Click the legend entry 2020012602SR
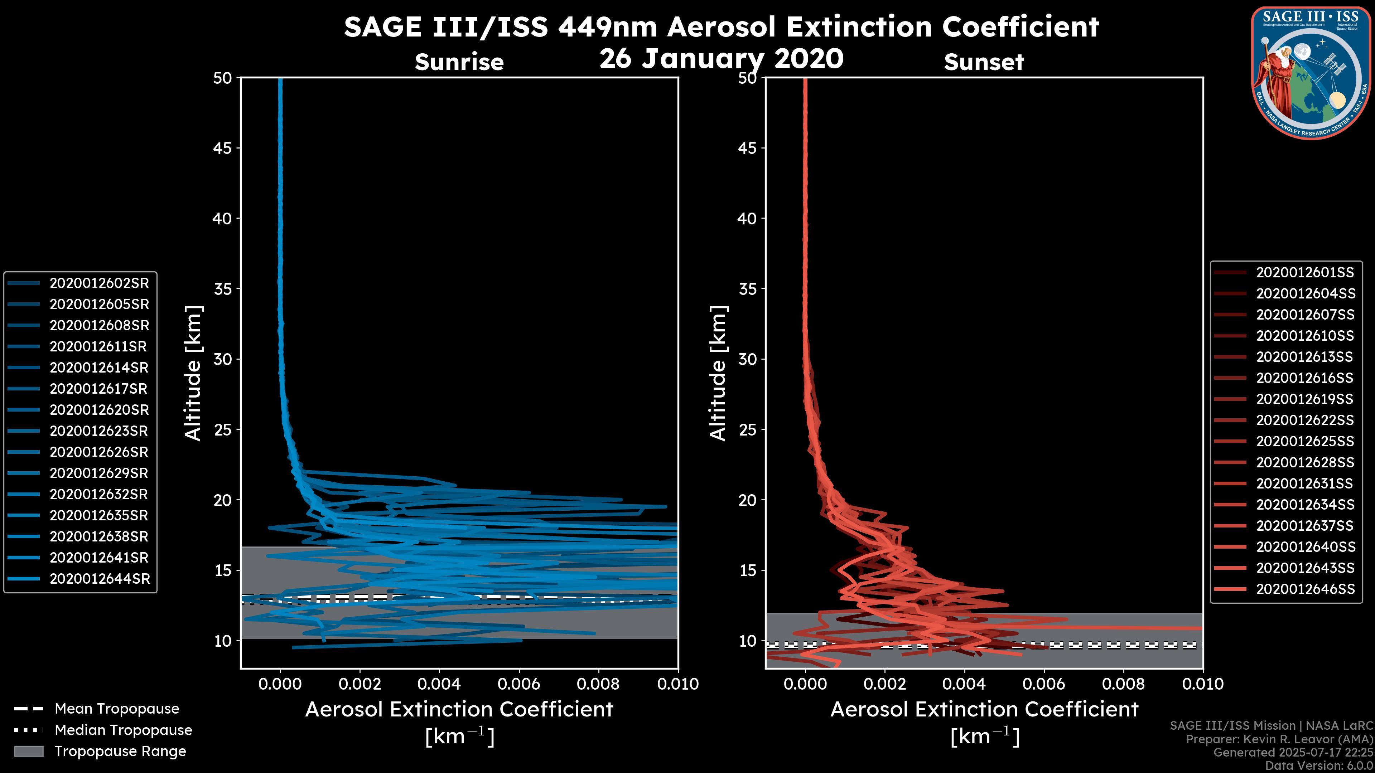[x=99, y=283]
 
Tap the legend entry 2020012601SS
[x=1304, y=273]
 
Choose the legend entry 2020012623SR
[x=99, y=431]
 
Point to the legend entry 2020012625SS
[x=1304, y=441]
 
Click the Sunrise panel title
[x=459, y=62]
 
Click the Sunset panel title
[x=984, y=62]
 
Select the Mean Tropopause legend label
[x=117, y=709]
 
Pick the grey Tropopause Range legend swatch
[x=28, y=751]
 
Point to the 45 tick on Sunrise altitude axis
[x=223, y=148]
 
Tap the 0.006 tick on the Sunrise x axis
[x=519, y=684]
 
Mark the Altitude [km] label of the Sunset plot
[x=718, y=373]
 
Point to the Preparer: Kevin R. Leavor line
[x=1279, y=739]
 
